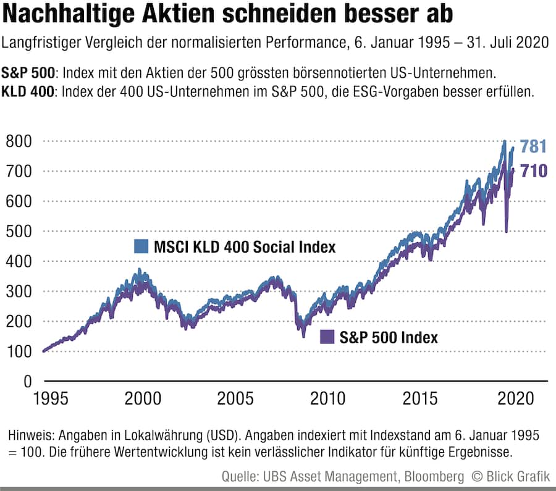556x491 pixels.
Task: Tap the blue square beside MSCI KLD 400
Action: pos(141,246)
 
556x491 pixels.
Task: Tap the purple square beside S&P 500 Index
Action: pos(327,337)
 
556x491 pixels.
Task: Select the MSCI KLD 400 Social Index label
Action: pos(243,247)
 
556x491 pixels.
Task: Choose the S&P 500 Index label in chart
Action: pos(389,338)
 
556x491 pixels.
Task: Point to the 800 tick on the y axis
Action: pos(19,141)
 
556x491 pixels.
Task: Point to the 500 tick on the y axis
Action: pos(19,231)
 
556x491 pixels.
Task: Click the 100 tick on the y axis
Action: pos(19,351)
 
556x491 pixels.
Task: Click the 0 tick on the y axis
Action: pos(27,382)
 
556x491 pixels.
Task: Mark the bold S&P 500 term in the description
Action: pos(29,73)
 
